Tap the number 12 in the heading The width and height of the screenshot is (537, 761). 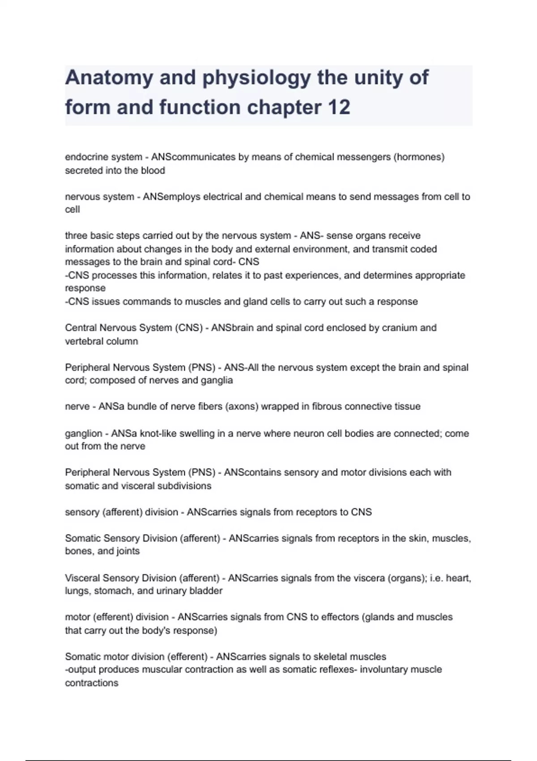click(x=339, y=107)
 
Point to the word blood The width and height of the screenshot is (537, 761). click(x=153, y=171)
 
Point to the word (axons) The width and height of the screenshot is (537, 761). click(x=241, y=406)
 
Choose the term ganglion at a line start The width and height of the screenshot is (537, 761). click(x=83, y=433)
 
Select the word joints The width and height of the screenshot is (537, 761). click(x=128, y=551)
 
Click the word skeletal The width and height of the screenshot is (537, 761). click(x=330, y=657)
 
